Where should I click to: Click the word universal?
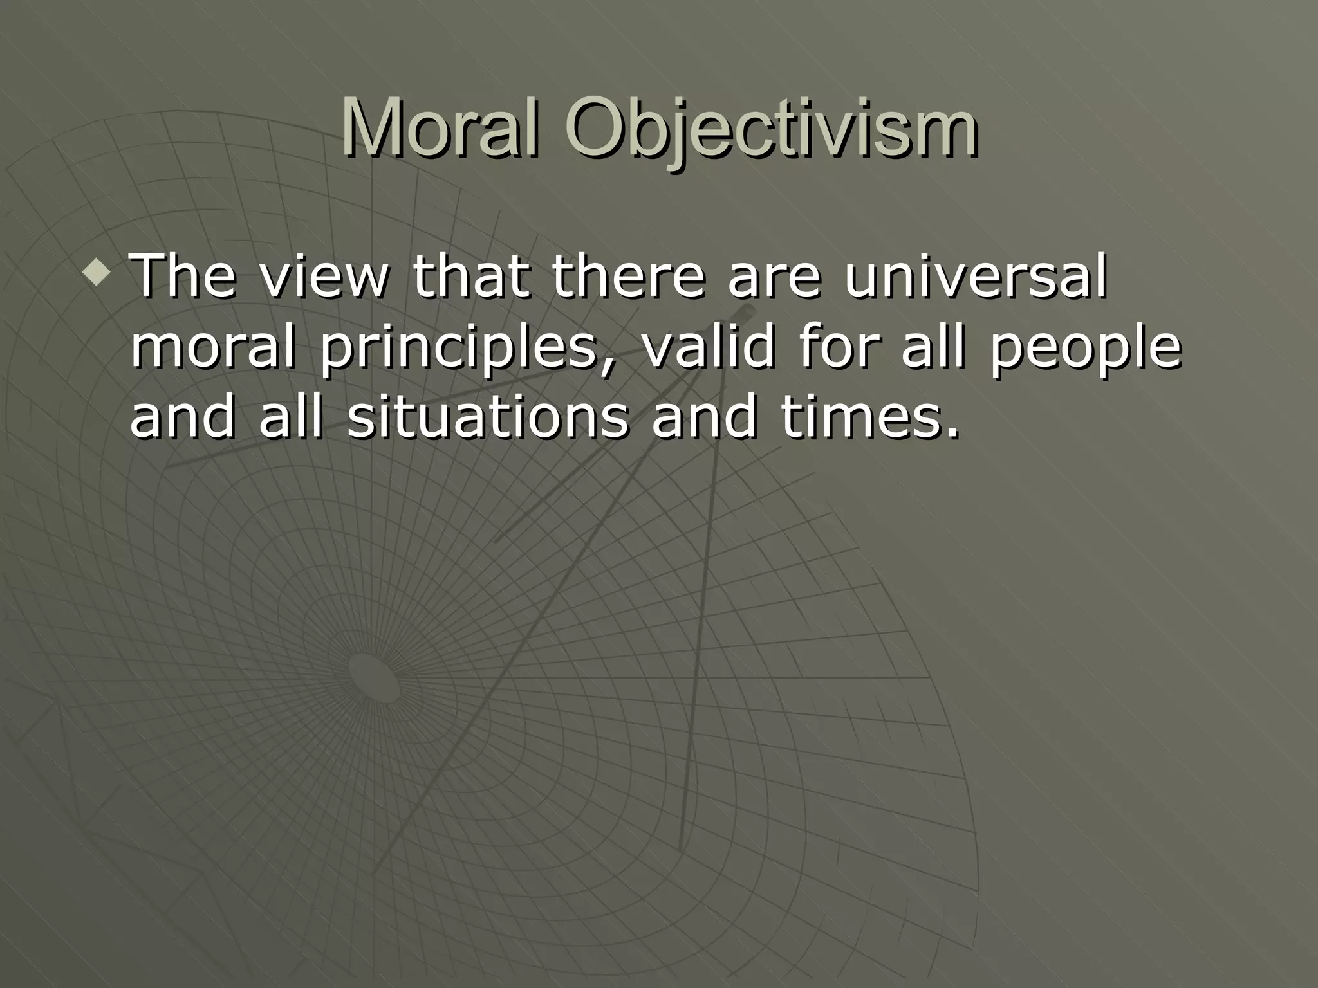(976, 277)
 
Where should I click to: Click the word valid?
(709, 348)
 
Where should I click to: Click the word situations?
(487, 417)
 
